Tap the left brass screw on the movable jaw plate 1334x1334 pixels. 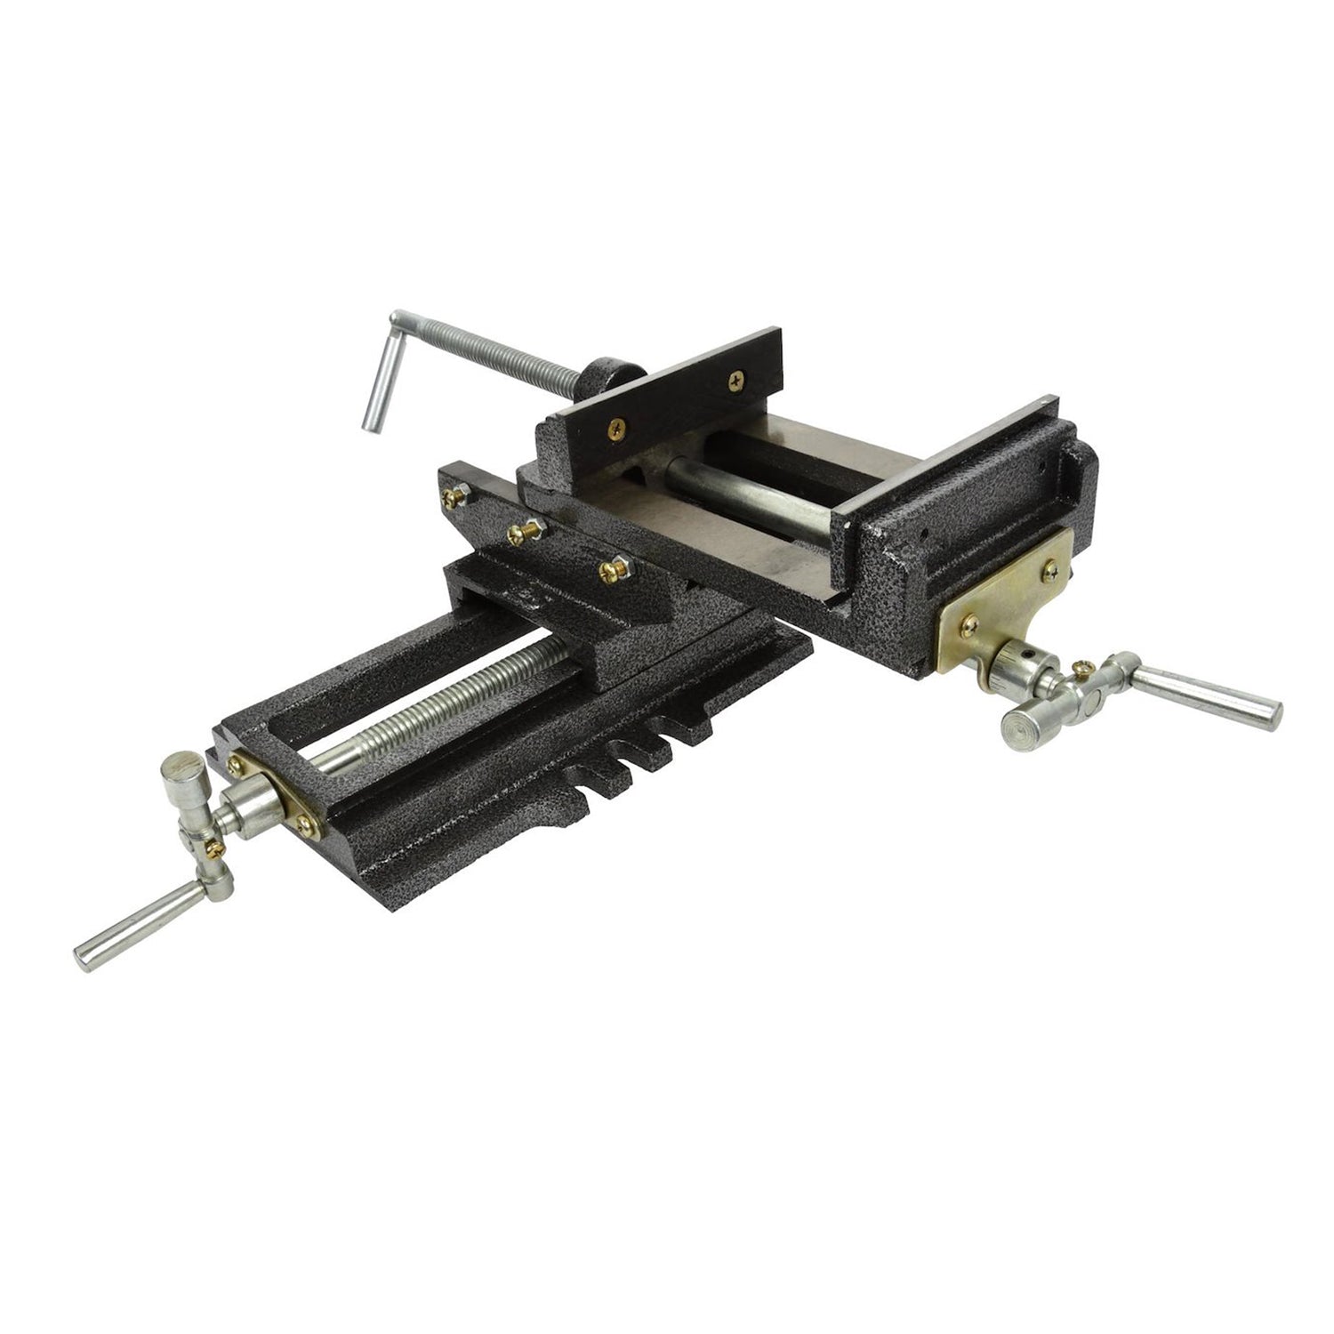click(616, 429)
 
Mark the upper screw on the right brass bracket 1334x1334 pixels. click(1052, 567)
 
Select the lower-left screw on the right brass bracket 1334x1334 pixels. click(969, 622)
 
